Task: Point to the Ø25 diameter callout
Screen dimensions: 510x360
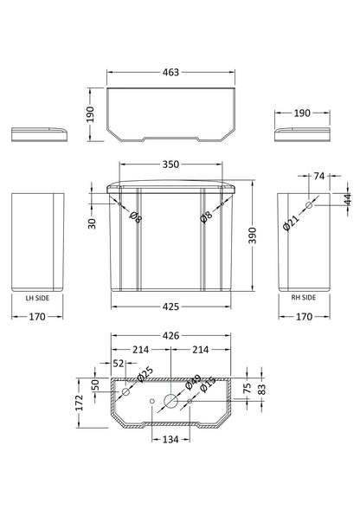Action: click(x=145, y=373)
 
